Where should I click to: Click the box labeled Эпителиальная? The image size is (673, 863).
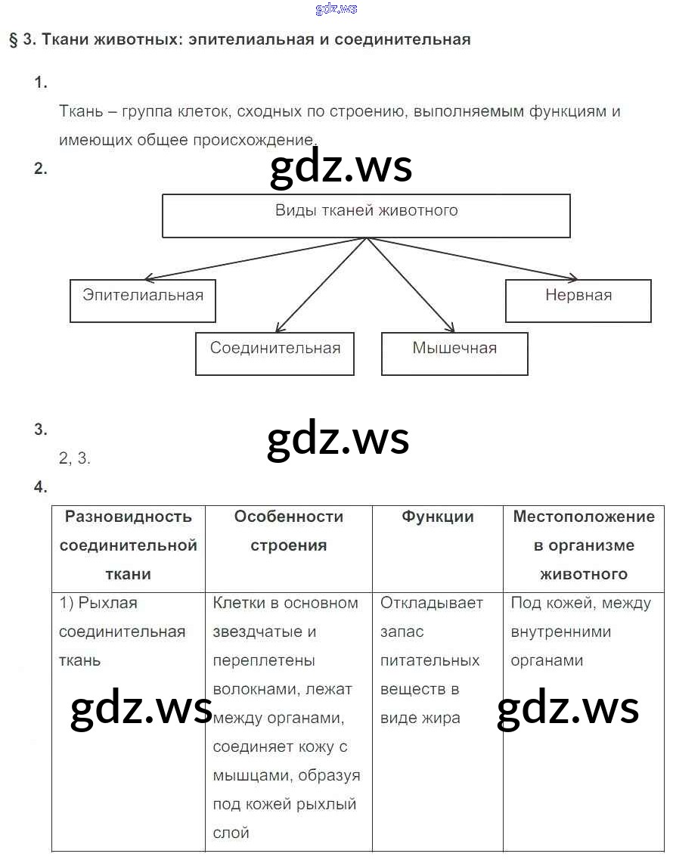[x=142, y=300]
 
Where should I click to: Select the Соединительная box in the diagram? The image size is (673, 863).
[x=274, y=353]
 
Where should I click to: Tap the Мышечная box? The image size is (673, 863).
[x=454, y=353]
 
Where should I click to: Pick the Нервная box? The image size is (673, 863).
[x=578, y=300]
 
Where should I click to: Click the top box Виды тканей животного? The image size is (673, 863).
[x=366, y=216]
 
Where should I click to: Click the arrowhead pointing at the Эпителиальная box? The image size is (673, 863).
[x=149, y=278]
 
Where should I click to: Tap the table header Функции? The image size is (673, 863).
[x=437, y=517]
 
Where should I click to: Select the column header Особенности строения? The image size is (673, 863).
[x=288, y=531]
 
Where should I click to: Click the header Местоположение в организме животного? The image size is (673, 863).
[x=583, y=545]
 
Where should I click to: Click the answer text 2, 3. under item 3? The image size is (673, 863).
[x=74, y=458]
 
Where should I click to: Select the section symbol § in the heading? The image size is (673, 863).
[x=13, y=40]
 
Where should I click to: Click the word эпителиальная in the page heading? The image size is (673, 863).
[x=249, y=40]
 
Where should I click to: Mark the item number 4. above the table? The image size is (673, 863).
[x=41, y=487]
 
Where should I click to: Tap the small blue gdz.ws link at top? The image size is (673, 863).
[x=336, y=9]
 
